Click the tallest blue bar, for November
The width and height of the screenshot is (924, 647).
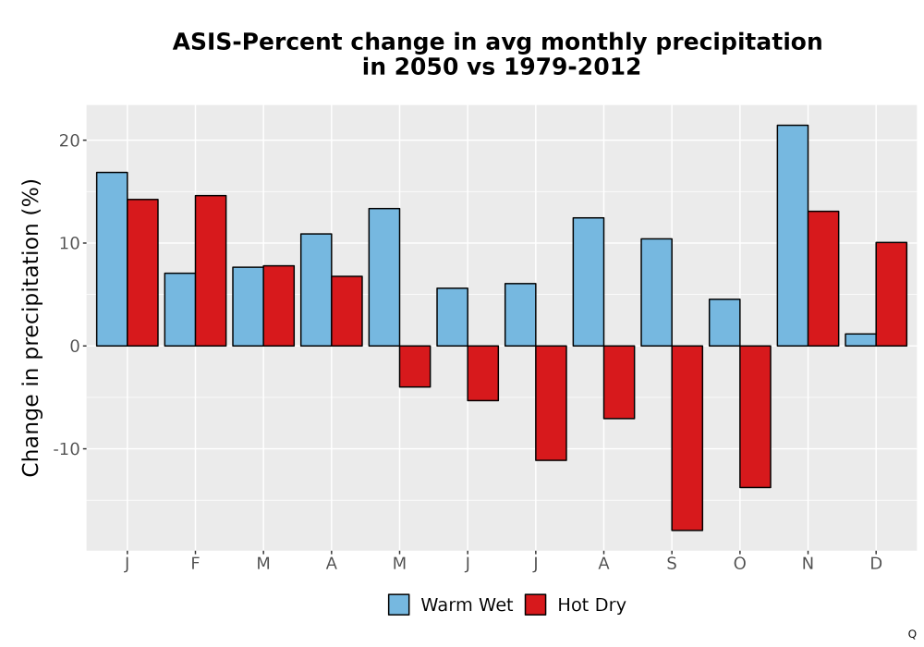793,236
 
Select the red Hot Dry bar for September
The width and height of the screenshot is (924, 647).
687,438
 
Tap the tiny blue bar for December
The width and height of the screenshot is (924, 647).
860,340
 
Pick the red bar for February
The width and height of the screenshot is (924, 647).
211,271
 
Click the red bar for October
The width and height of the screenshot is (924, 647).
755,417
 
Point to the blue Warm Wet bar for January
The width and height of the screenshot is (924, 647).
112,260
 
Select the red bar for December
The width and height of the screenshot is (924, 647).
891,294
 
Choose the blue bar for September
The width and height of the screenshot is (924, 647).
656,292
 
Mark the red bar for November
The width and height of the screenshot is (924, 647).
823,279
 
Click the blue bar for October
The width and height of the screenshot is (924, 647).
724,323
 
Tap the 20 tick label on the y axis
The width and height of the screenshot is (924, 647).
69,140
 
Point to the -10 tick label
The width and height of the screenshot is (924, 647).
67,449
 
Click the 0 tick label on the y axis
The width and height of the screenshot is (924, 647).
74,347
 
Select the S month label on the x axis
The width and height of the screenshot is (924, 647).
672,564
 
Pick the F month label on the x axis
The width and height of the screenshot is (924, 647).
195,564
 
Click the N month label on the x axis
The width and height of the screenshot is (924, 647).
808,564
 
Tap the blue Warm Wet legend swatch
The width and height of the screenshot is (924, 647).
399,604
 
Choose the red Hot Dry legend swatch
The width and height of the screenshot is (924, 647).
535,604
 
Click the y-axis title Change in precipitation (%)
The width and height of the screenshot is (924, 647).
30,327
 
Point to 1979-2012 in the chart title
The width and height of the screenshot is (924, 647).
572,67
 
